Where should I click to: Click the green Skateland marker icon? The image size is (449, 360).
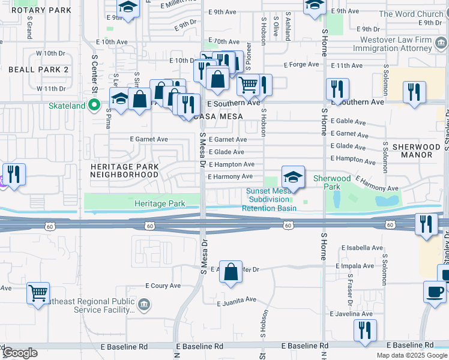tap(94, 106)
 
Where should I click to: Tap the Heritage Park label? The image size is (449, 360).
tap(160, 204)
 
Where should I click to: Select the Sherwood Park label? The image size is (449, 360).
tap(332, 182)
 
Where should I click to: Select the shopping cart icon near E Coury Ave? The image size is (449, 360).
tap(38, 293)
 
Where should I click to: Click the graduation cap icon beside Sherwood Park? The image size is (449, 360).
tap(293, 177)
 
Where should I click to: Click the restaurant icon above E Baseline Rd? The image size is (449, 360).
tap(365, 330)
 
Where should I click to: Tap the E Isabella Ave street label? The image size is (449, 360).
tap(361, 248)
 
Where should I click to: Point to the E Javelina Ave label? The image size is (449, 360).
tap(351, 314)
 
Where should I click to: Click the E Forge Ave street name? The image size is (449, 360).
tap(300, 65)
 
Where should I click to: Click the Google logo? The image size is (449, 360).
tap(20, 353)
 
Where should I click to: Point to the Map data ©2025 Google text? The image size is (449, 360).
tap(411, 355)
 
